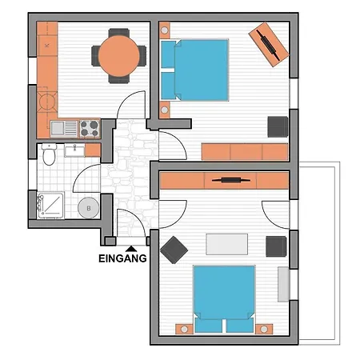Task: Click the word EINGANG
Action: coord(122,258)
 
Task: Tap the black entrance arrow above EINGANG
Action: coord(131,249)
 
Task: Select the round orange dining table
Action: coord(119,56)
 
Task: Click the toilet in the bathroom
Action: coord(49,154)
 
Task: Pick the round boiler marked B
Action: coord(89,208)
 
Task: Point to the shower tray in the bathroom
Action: coord(50,206)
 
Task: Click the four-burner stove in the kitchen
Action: coord(90,128)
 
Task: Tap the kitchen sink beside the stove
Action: coord(64,128)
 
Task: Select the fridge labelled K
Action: coord(47,46)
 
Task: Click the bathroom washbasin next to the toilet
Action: coord(74,150)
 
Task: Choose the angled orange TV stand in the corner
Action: coord(269,45)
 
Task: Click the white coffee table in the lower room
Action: coord(227,244)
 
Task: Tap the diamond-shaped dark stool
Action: coord(174,250)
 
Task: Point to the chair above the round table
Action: coord(119,33)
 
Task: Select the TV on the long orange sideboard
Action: coord(231,180)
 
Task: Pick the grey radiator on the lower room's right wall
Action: coord(284,285)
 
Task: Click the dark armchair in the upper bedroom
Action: coord(278,127)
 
